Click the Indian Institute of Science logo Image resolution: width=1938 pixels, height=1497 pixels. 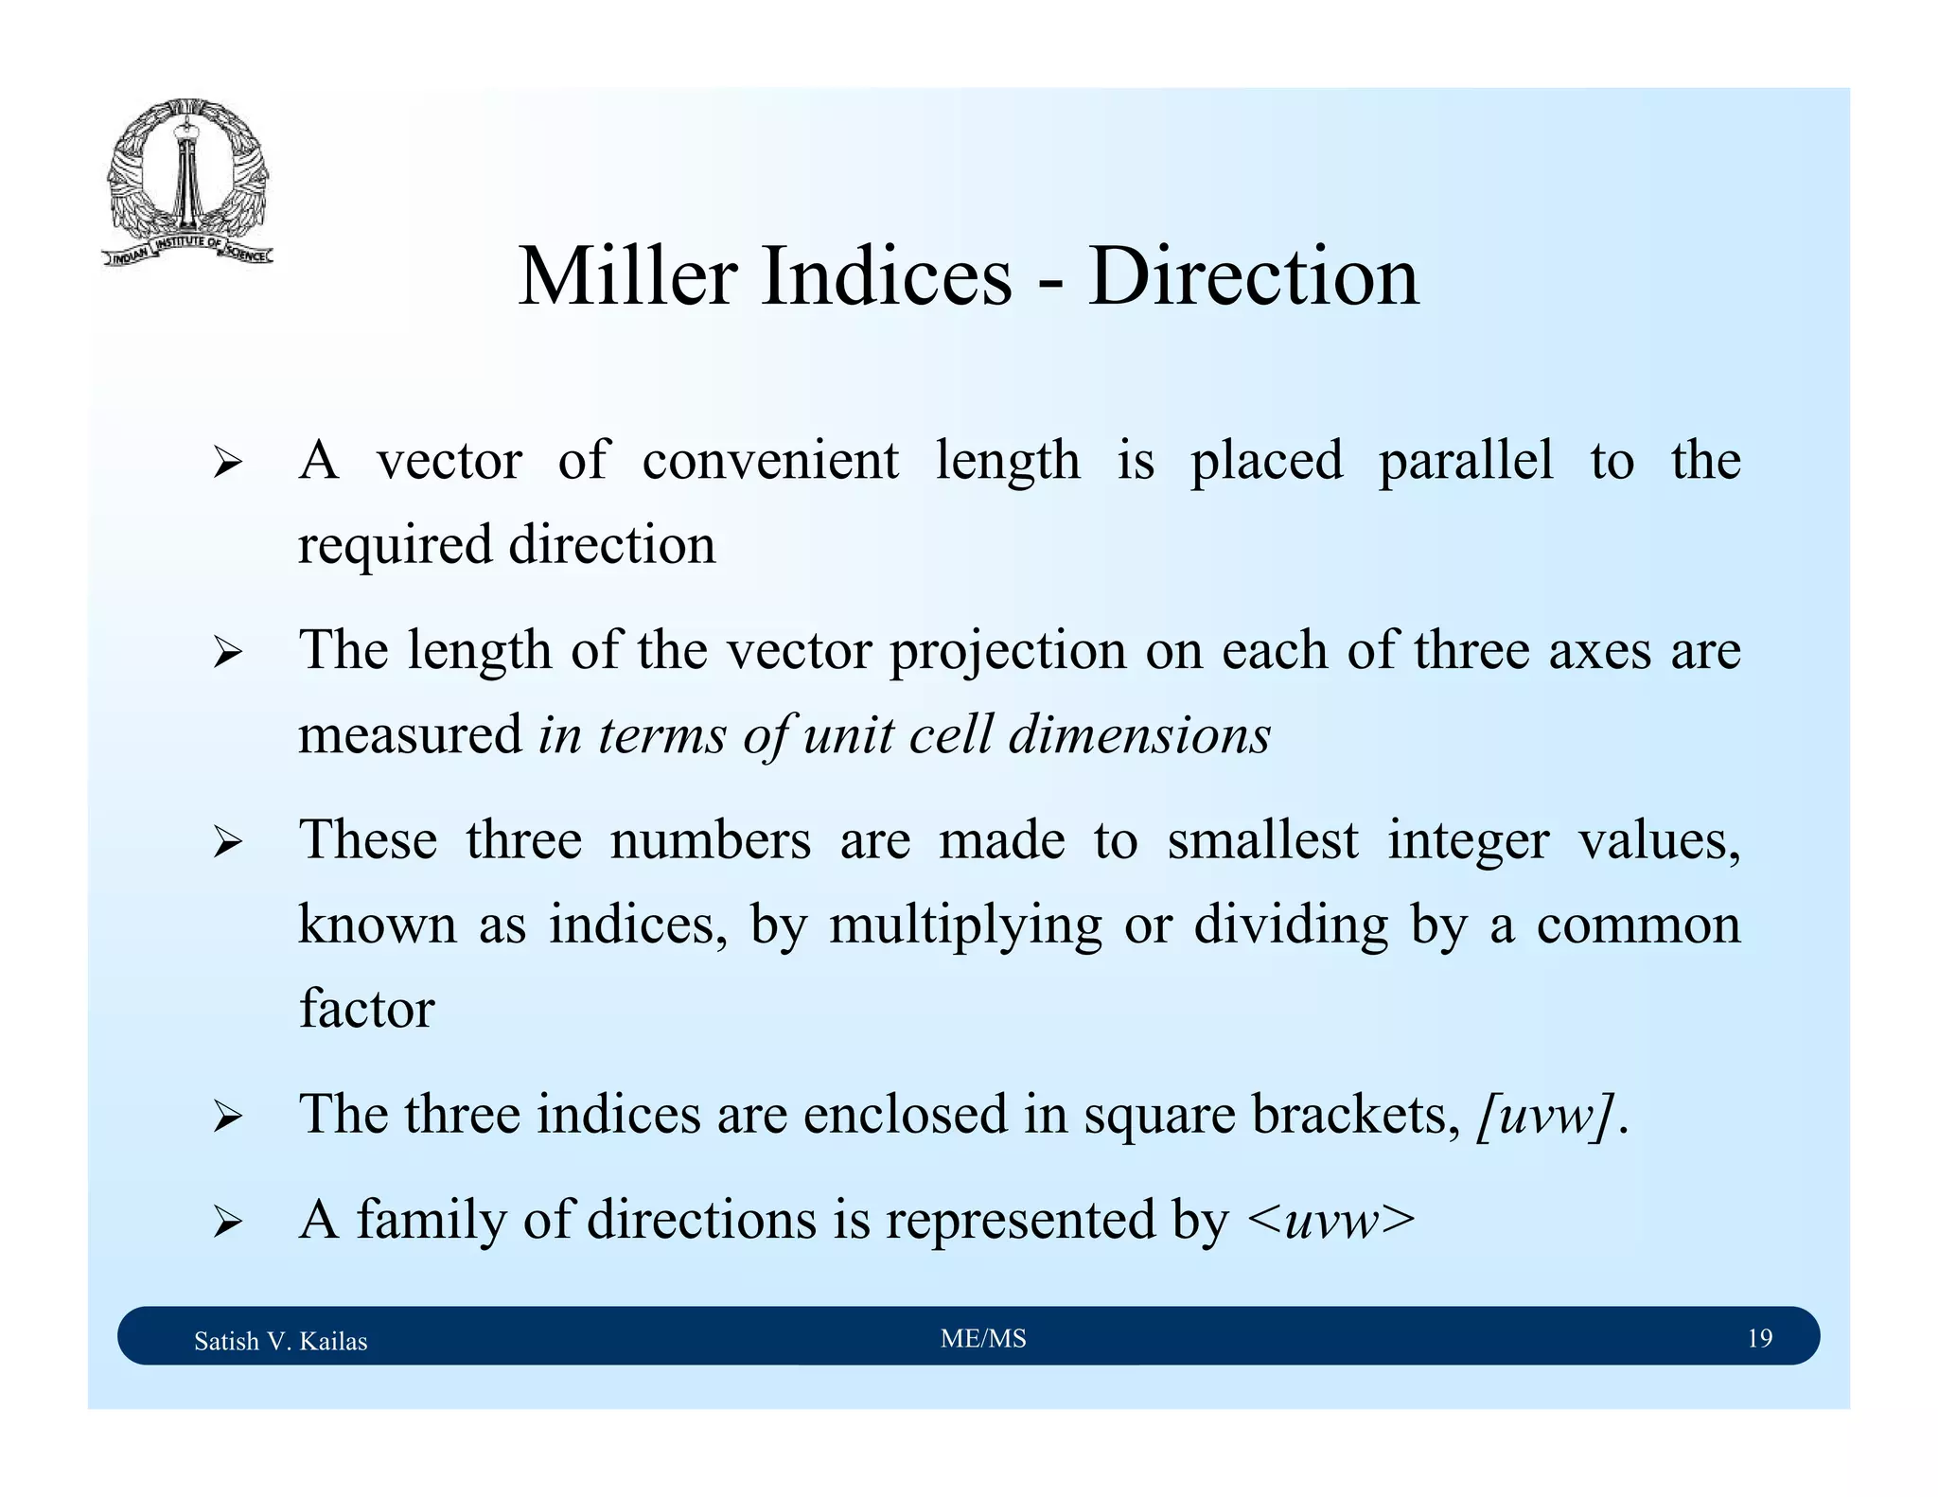pyautogui.click(x=187, y=182)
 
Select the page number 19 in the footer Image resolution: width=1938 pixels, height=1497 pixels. pyautogui.click(x=1759, y=1338)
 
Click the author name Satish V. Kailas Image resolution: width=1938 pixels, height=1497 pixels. pyautogui.click(x=280, y=1341)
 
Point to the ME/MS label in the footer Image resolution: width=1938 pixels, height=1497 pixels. pyautogui.click(x=983, y=1338)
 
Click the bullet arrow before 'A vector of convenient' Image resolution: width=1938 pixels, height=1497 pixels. pyautogui.click(x=227, y=464)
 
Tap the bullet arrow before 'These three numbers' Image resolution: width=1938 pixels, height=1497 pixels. pyautogui.click(x=227, y=841)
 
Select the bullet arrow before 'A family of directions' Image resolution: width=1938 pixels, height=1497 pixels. pyautogui.click(x=227, y=1222)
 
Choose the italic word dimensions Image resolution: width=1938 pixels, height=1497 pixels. pyautogui.click(x=1139, y=735)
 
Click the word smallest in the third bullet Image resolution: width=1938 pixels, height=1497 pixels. pyautogui.click(x=1262, y=840)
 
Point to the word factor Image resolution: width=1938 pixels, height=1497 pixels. pyautogui.click(x=367, y=1009)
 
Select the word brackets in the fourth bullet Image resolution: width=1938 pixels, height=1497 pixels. pyautogui.click(x=1355, y=1116)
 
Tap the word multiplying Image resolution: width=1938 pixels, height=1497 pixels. pyautogui.click(x=965, y=925)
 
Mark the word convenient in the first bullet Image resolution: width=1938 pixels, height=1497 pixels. pyautogui.click(x=770, y=462)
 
